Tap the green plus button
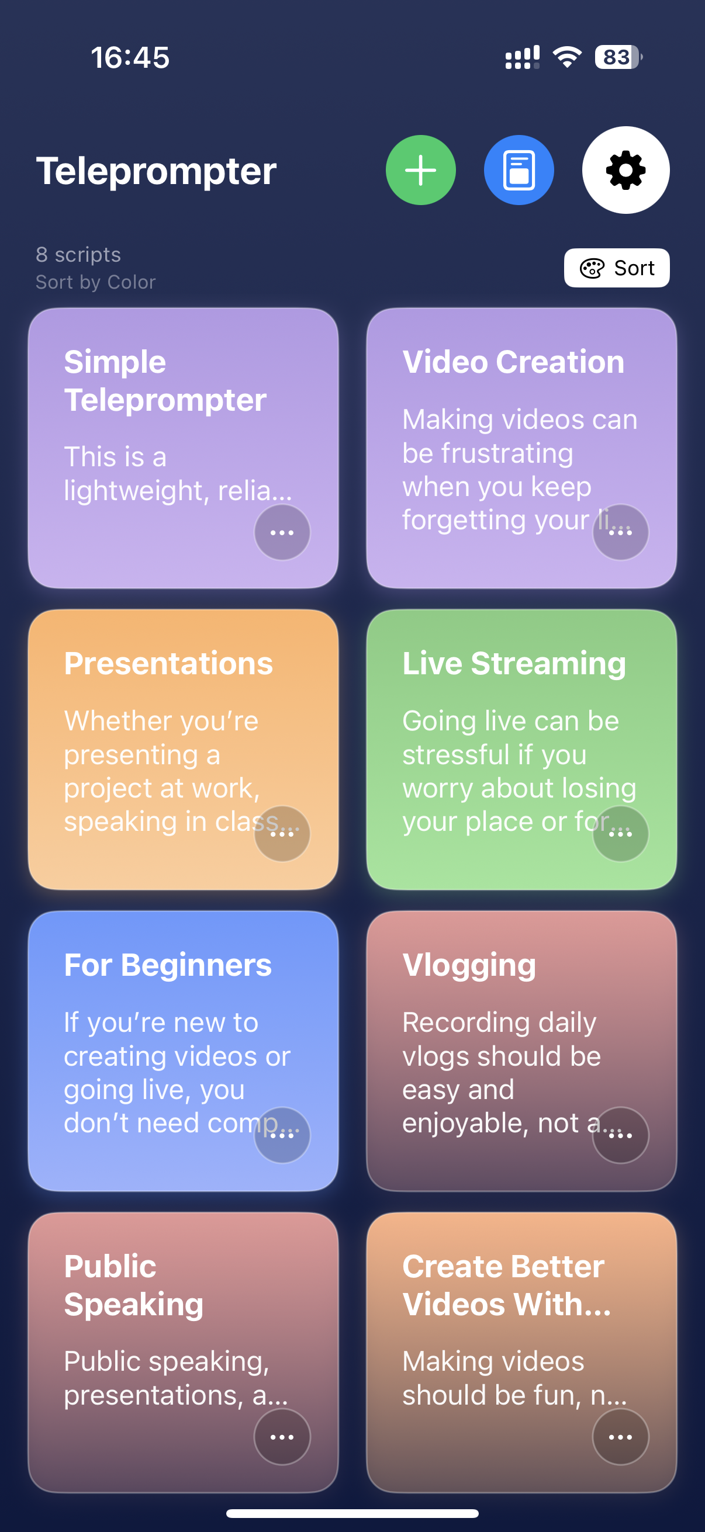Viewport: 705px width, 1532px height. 421,170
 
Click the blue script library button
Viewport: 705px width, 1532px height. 519,170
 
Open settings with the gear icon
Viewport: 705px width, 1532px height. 626,170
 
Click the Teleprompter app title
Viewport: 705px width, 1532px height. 157,171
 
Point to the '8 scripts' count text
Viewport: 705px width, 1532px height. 78,255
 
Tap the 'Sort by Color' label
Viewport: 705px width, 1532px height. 95,282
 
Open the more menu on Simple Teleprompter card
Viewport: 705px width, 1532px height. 282,532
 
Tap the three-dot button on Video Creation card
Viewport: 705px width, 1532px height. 620,532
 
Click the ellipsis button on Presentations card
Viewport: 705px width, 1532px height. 282,834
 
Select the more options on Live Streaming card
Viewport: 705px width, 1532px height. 620,834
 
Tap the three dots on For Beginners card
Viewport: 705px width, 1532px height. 282,1135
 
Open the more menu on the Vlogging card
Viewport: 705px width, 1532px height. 620,1135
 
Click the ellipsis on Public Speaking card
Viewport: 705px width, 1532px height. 282,1437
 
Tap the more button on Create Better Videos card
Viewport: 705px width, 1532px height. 620,1437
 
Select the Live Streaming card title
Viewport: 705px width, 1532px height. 514,663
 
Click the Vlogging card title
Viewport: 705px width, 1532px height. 469,965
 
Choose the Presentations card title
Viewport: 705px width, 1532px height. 168,663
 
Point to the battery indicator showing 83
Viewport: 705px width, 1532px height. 618,57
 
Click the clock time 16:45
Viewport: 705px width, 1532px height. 130,58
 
